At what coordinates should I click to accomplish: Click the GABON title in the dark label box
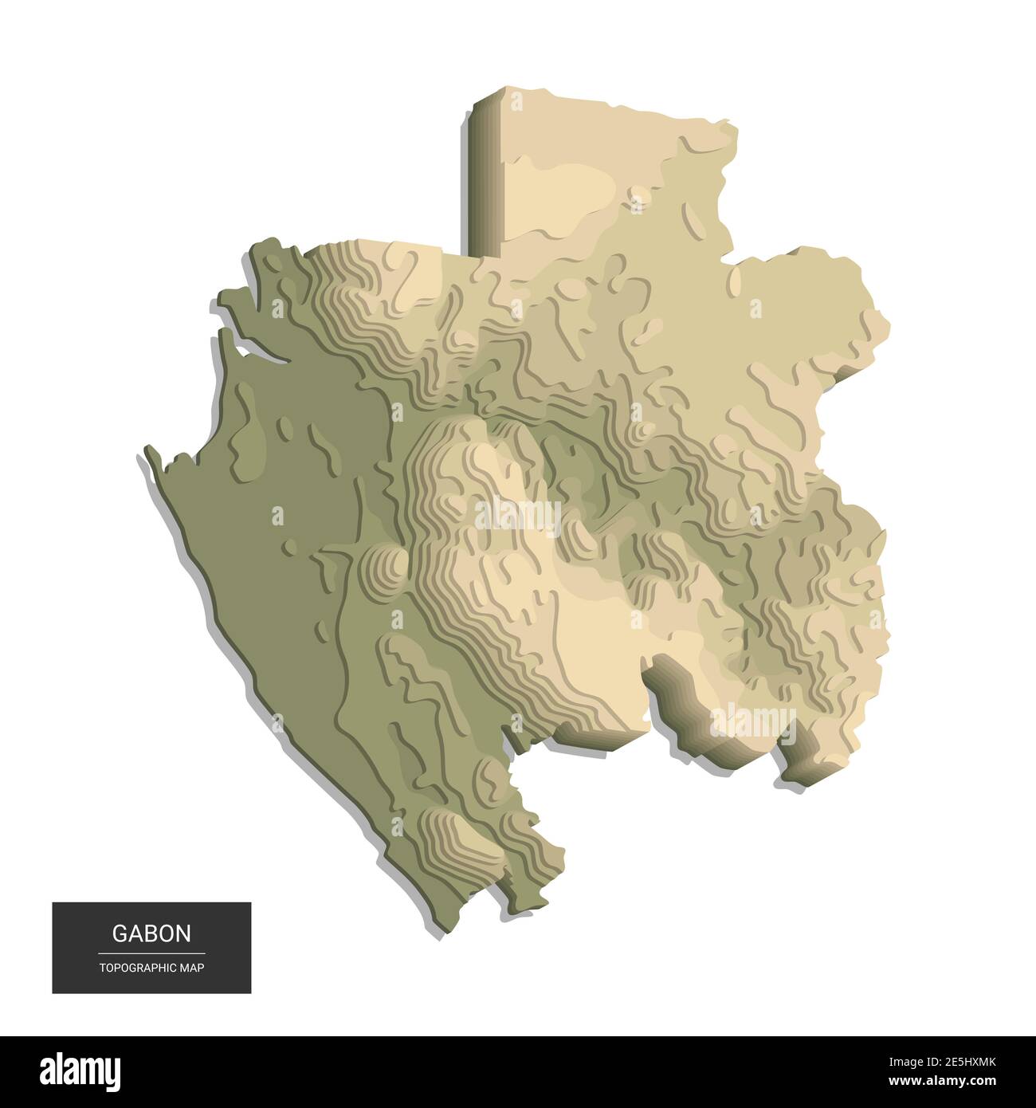pyautogui.click(x=151, y=933)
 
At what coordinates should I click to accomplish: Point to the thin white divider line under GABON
pyautogui.click(x=151, y=953)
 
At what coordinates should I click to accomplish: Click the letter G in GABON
pyautogui.click(x=118, y=933)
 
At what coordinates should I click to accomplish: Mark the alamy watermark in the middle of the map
pyautogui.click(x=518, y=514)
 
